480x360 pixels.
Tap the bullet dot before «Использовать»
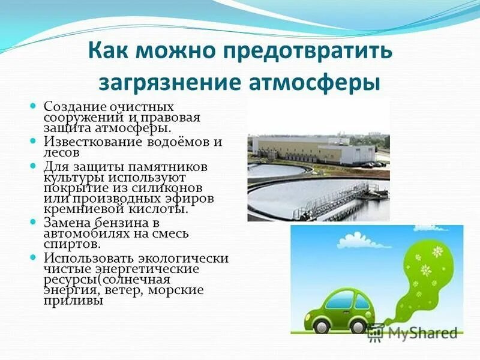pyautogui.click(x=34, y=258)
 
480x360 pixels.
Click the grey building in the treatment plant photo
pyautogui.click(x=300, y=148)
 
